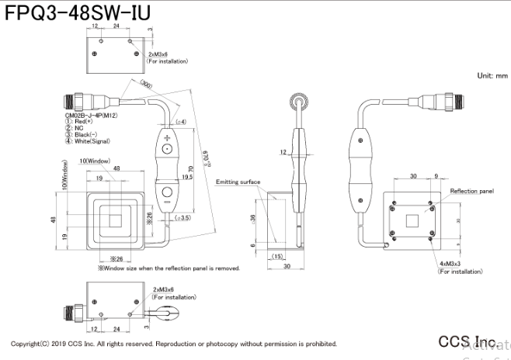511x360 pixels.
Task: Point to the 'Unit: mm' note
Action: [492, 76]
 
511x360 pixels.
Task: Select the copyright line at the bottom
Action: [174, 344]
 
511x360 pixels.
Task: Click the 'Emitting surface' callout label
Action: [238, 182]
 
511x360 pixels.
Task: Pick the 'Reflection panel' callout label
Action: [471, 190]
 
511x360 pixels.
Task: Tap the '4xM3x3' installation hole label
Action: [450, 265]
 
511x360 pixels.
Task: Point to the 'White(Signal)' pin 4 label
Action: [92, 140]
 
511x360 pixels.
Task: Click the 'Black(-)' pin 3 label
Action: [88, 135]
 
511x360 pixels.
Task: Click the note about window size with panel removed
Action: [169, 268]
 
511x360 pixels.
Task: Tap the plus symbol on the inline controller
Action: [167, 139]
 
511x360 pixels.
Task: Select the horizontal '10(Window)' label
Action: [94, 161]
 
